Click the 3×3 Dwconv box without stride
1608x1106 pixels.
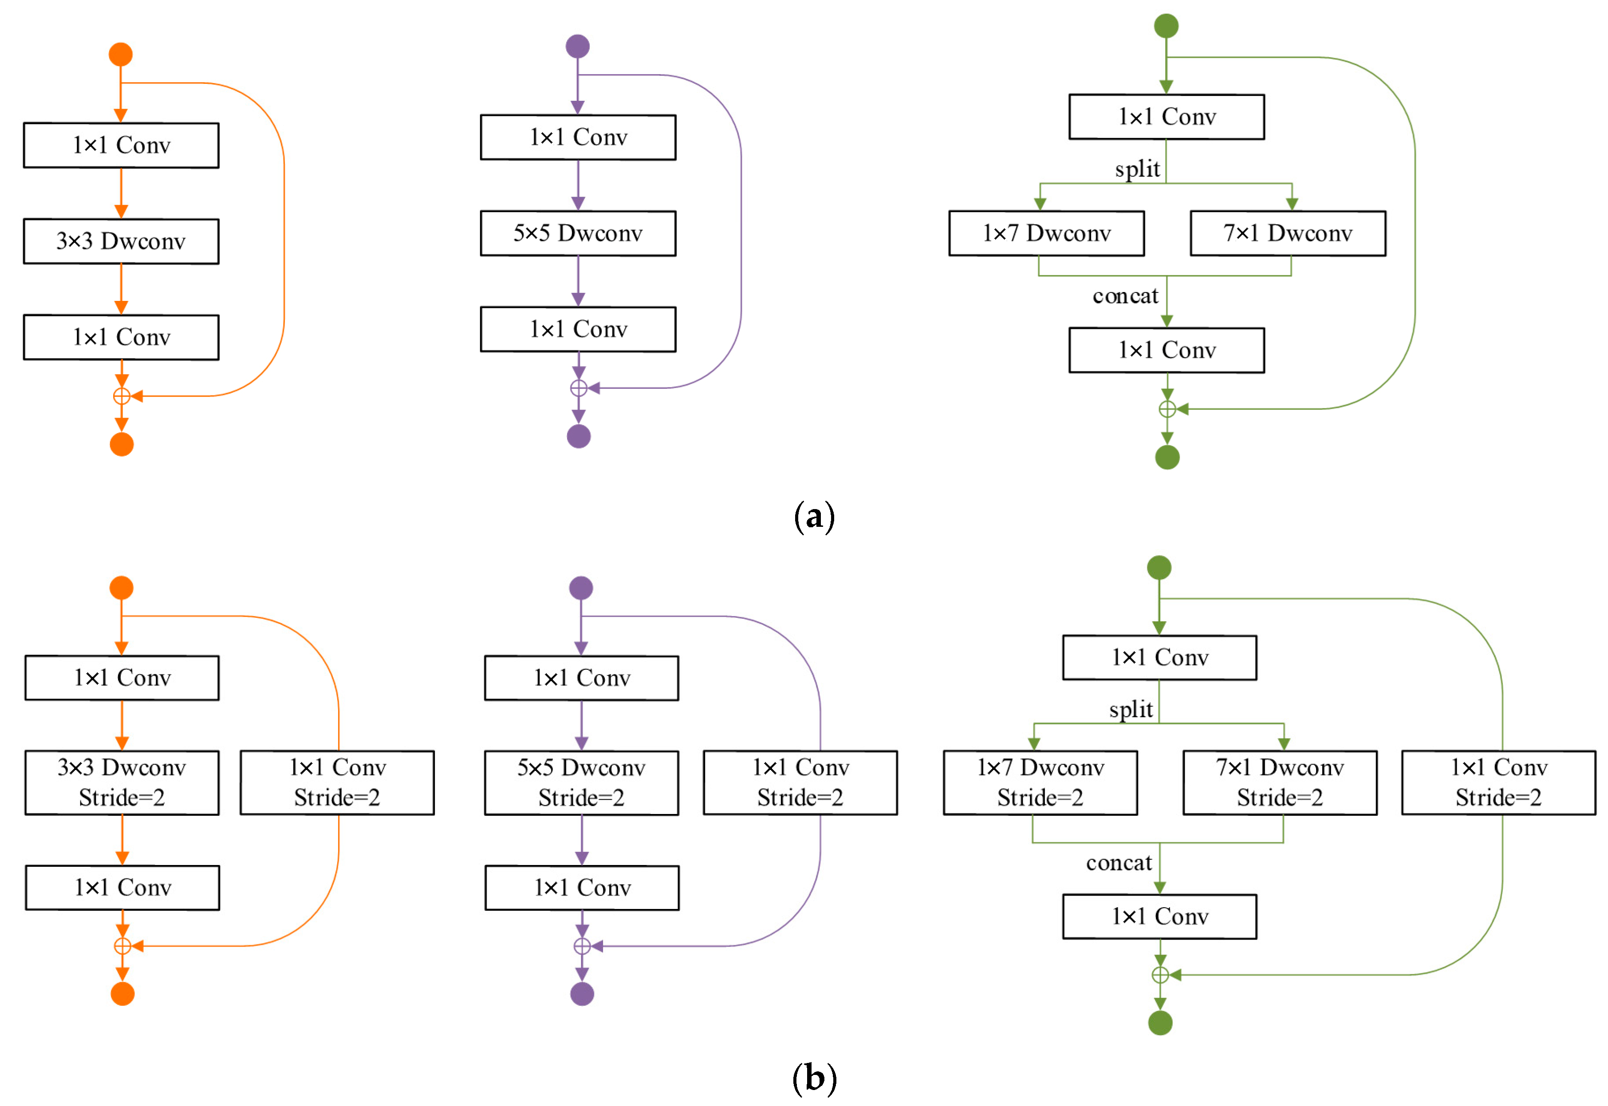[x=121, y=241]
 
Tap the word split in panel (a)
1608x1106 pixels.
[x=1136, y=168]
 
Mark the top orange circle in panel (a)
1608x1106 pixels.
[x=121, y=54]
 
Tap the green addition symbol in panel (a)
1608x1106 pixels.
[x=1166, y=409]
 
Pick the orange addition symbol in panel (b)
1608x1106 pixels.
[x=122, y=945]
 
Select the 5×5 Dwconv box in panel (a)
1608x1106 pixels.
[x=578, y=233]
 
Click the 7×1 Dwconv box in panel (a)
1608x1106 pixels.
[x=1287, y=233]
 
